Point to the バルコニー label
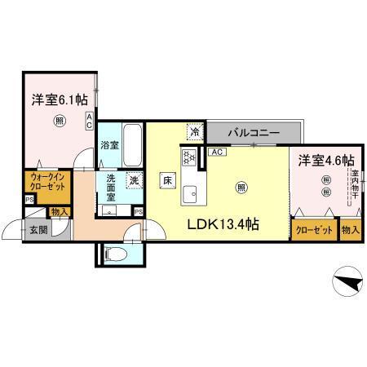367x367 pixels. click(x=254, y=132)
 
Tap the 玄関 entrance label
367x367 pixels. click(x=39, y=230)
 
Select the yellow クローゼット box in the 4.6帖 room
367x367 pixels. click(x=314, y=230)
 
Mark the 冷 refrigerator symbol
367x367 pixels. click(x=195, y=130)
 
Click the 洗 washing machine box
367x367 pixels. click(x=133, y=181)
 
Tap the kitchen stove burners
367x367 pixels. click(x=188, y=157)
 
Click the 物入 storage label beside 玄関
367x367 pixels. click(x=60, y=212)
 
